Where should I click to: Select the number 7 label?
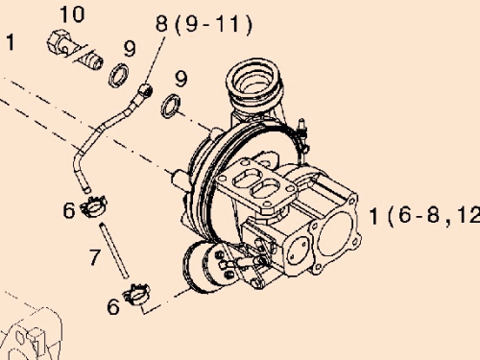click(x=94, y=256)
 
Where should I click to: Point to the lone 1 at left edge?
click(x=10, y=42)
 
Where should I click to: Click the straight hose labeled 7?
click(x=114, y=249)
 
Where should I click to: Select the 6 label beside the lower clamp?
click(x=112, y=307)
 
